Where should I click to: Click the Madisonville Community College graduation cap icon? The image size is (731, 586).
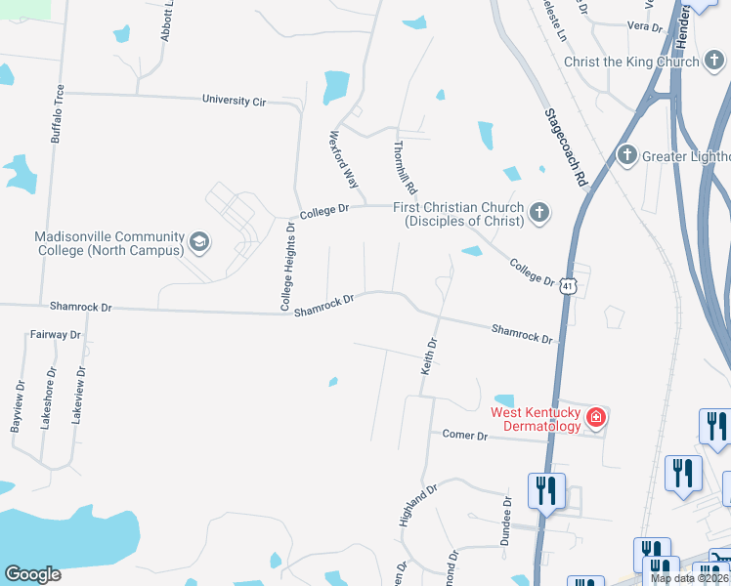click(199, 241)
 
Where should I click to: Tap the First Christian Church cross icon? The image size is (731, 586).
click(537, 213)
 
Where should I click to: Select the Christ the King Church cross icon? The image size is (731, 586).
click(715, 62)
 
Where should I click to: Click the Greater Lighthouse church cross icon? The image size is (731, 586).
click(627, 155)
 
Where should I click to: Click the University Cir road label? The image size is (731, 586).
click(234, 100)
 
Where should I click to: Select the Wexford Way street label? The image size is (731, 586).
click(344, 159)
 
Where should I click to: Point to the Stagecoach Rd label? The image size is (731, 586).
click(566, 146)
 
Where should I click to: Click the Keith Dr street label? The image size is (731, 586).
click(428, 356)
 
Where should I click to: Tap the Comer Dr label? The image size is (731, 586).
click(464, 435)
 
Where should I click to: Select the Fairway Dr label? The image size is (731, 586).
click(55, 334)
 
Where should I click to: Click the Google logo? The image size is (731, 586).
click(31, 574)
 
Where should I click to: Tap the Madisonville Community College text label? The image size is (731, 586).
click(109, 244)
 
